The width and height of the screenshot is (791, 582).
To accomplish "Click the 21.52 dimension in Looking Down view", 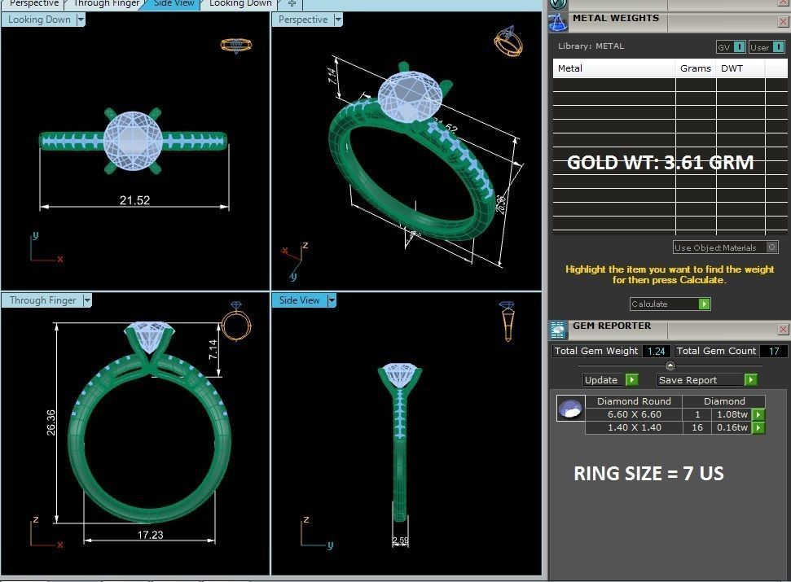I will click(134, 200).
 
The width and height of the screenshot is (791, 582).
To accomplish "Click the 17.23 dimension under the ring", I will click(149, 535).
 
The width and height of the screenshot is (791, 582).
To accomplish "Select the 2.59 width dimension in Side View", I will click(400, 540).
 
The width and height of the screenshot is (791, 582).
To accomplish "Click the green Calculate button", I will click(705, 304).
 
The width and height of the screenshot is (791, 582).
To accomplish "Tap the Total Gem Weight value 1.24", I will click(657, 351).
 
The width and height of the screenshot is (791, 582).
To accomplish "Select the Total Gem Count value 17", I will click(773, 351).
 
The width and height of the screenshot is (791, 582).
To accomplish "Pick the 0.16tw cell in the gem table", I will click(731, 427).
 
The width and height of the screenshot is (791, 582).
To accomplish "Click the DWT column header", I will click(732, 68).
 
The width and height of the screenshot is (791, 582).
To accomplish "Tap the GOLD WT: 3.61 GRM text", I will click(660, 163).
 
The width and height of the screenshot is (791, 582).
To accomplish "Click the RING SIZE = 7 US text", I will click(648, 474).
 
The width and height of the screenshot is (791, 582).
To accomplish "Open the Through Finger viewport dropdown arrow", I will click(87, 300).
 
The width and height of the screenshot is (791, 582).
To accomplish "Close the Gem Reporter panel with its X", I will click(783, 329).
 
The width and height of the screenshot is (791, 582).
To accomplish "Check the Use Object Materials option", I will click(771, 247).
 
